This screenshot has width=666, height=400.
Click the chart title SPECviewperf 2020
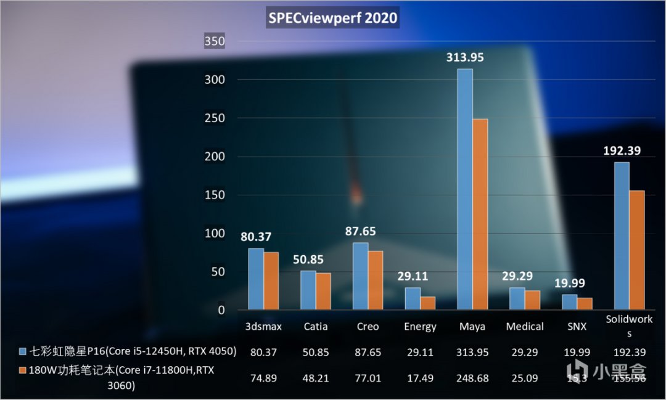[333, 18]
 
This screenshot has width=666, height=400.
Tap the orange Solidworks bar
[636, 250]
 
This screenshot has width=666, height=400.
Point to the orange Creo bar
[376, 280]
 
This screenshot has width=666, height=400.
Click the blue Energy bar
[413, 299]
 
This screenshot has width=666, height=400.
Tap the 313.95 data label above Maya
[465, 57]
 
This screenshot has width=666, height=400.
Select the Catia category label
[315, 327]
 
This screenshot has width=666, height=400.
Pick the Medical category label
[525, 327]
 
